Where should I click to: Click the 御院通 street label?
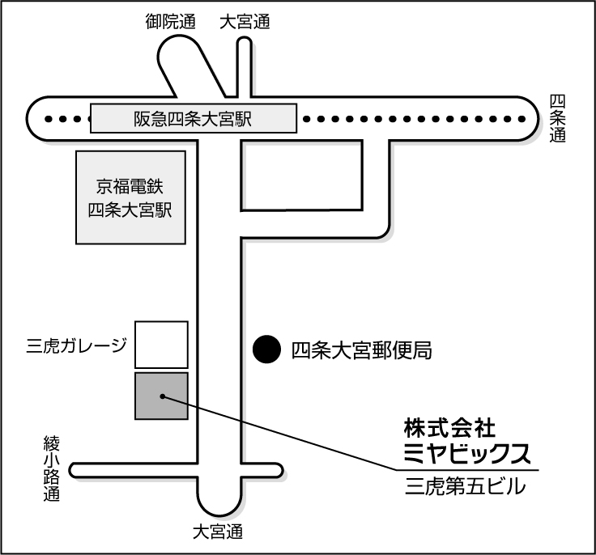(x=170, y=23)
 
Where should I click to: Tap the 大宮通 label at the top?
(x=245, y=23)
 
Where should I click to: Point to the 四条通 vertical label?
(x=557, y=118)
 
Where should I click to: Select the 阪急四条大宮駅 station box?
(x=193, y=119)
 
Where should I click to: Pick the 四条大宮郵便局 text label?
(x=360, y=350)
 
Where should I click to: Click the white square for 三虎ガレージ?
(x=161, y=345)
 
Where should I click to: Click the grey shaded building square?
(x=161, y=396)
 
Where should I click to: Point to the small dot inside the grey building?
(x=163, y=396)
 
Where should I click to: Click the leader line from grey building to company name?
(x=283, y=433)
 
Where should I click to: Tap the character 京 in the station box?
(x=103, y=185)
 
